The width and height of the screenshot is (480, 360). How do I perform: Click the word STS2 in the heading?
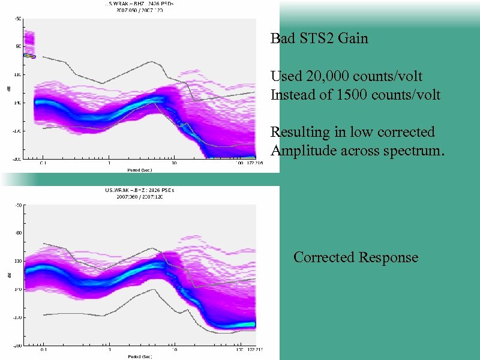(x=320, y=39)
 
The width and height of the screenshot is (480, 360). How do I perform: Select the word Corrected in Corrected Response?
(x=324, y=257)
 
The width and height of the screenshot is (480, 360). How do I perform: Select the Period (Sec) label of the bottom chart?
(x=140, y=356)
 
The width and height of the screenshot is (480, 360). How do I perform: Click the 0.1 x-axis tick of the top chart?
(x=43, y=163)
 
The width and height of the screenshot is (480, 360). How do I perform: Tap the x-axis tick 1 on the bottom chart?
(x=109, y=350)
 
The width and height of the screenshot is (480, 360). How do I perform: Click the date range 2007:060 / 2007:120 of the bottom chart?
(x=140, y=197)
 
